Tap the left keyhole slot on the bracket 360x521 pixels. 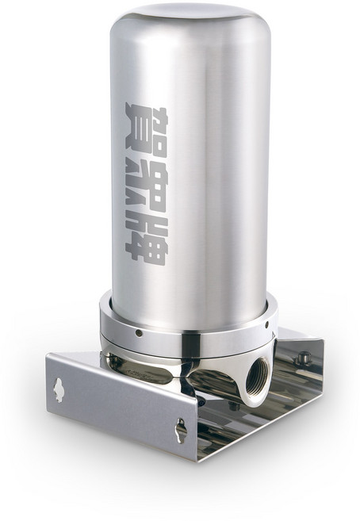tap(59, 390)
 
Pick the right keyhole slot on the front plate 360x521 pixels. tap(181, 430)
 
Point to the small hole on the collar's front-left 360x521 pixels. tap(139, 333)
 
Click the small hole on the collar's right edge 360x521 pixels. tap(267, 324)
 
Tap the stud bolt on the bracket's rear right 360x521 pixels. tap(301, 358)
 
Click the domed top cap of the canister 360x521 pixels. tap(190, 17)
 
